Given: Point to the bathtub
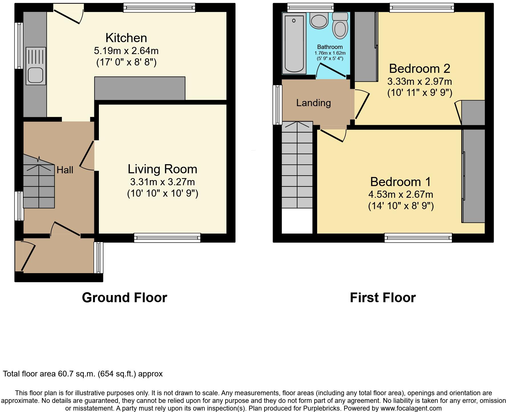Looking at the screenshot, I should pos(294,43).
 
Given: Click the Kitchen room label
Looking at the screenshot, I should pos(126,38).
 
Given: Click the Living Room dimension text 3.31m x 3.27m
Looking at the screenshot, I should pos(162,182).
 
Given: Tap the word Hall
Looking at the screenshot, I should pos(65,170).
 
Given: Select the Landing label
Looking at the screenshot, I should pos(313,103).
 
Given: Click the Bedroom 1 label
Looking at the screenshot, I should pos(400,182).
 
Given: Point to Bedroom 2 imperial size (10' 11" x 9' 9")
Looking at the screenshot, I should pos(420,93).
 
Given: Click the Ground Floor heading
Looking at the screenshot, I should pos(124,298).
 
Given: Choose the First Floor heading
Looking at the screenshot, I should pos(383,298).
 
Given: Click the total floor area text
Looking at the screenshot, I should pos(83,374).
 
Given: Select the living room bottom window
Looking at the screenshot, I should pos(167,238).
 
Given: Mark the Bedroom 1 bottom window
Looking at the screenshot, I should pos(418,238).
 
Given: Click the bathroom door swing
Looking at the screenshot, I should pos(331,71).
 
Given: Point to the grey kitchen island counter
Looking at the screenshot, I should pos(140,88).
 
